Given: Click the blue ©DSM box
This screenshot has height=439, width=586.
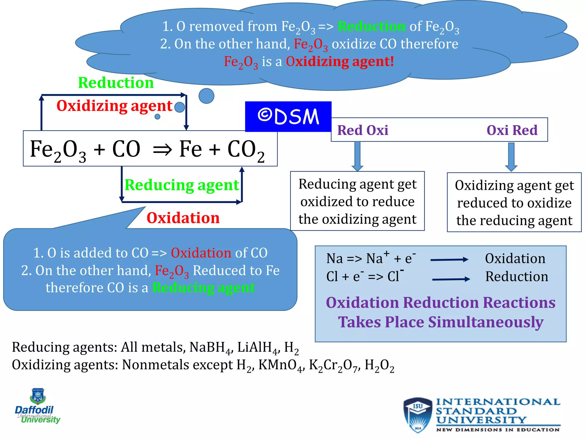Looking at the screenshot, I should pos(288,117).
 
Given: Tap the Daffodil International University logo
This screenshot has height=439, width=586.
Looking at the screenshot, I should pos(37,406).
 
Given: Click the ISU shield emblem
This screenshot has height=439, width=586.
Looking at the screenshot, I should pos(417,414).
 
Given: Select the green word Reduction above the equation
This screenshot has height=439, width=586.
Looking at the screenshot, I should pos(116,83).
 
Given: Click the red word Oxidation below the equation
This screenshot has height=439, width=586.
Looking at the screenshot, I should pos(183,218).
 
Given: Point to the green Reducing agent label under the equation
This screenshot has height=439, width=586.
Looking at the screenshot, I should pos(182,185).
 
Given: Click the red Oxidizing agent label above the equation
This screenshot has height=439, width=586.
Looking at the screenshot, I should pos(114,106).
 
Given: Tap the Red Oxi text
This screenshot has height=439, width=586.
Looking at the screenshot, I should pos(363,130).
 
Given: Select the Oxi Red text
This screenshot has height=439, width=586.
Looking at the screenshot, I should pos(512,130).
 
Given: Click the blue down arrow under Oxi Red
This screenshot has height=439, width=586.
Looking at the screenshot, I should pos(511,157).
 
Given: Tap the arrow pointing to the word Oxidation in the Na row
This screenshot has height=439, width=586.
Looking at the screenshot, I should pos(449,260).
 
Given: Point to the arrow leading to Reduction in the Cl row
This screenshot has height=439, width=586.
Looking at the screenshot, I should pos(451,279).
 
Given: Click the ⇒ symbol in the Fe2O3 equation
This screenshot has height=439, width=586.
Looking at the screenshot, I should pos(162,149).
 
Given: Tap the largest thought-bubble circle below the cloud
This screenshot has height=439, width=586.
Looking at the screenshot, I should pos(206,96).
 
